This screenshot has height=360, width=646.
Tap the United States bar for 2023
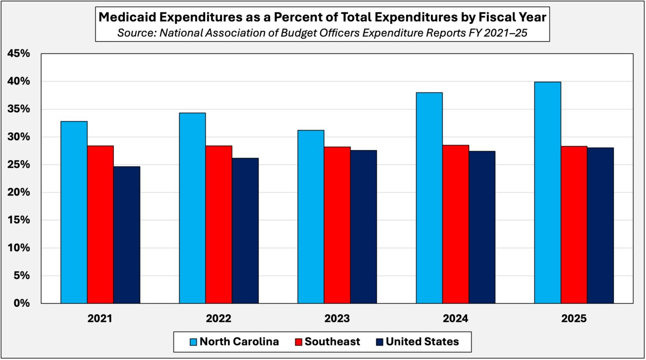point(363,227)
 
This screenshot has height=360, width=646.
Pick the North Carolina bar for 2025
point(547,193)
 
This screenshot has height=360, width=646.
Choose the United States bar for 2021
point(126,235)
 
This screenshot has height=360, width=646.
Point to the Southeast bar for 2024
point(456,224)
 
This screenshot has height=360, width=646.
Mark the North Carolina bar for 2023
point(311,217)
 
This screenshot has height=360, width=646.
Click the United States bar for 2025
point(600,225)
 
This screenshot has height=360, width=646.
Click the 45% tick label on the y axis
point(19,54)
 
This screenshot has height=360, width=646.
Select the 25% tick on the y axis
point(19,165)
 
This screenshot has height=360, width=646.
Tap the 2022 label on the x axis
point(219,318)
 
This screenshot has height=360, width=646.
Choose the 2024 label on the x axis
point(456,318)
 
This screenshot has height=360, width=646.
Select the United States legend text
point(423,341)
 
